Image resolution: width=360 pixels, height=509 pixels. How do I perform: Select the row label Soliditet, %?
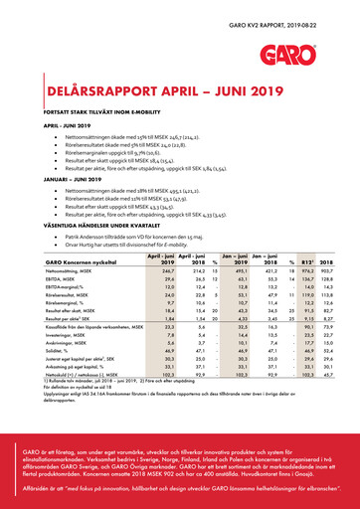[44, 379]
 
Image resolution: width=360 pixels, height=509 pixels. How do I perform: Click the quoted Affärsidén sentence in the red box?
[179, 489]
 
